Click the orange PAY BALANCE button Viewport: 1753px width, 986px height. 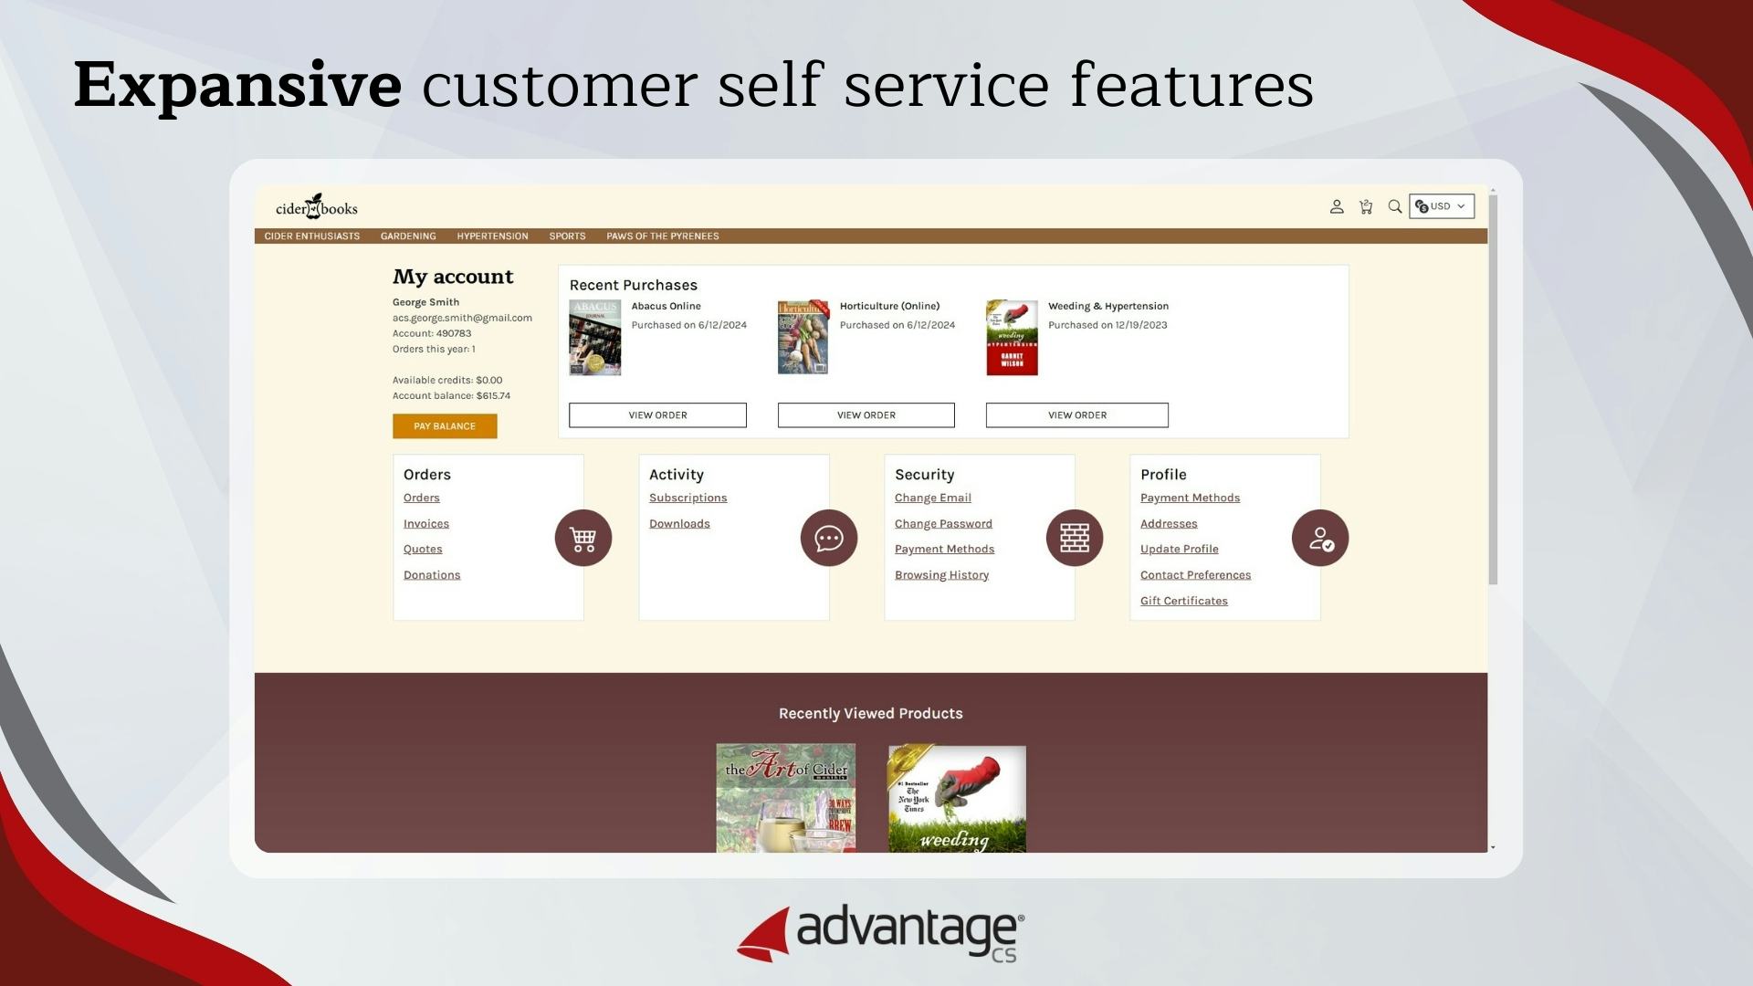coord(445,426)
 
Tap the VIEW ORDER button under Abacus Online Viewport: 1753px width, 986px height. coord(657,415)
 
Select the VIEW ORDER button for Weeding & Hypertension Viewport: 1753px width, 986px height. coord(1076,415)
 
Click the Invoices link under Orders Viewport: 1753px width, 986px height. coord(426,524)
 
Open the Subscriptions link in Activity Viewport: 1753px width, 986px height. coord(688,498)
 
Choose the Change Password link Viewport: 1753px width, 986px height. coord(943,524)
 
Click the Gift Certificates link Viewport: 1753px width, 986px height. coord(1183,601)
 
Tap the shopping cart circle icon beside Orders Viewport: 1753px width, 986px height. coord(583,539)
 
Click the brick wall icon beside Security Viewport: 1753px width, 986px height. coord(1075,539)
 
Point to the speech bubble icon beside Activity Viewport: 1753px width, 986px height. coord(829,539)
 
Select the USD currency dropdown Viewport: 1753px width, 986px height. coord(1442,206)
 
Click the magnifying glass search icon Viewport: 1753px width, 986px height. coord(1394,207)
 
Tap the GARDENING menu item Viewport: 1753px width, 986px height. coord(408,236)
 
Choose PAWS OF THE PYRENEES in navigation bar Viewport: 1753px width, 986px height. coord(662,236)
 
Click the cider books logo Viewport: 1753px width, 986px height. coord(317,207)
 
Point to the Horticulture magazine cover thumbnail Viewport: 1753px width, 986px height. coord(803,338)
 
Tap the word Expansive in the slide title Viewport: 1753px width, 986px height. coord(237,85)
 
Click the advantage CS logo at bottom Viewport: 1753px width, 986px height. coord(880,933)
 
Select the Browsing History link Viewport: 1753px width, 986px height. coord(941,575)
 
